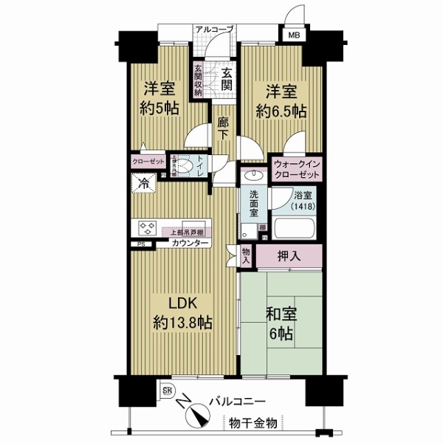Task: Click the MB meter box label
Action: pyautogui.click(x=294, y=34)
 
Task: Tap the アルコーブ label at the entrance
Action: pyautogui.click(x=214, y=29)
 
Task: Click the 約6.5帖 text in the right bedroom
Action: pyautogui.click(x=281, y=111)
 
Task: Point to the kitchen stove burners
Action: pyautogui.click(x=145, y=227)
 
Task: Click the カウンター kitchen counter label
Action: pyautogui.click(x=190, y=243)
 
